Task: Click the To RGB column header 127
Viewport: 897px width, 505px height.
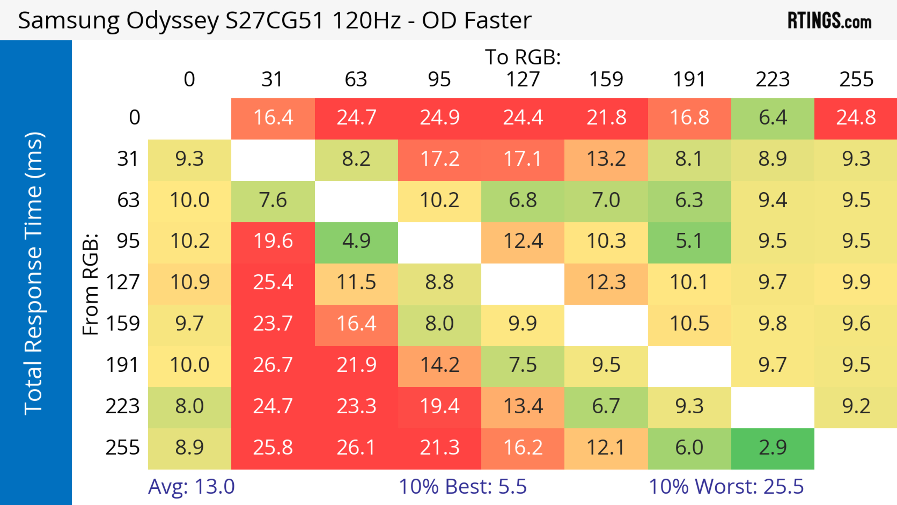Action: point(523,80)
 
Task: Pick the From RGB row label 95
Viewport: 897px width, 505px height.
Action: point(128,241)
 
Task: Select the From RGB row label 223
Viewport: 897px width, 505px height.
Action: point(123,406)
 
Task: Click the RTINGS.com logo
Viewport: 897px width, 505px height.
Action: point(829,21)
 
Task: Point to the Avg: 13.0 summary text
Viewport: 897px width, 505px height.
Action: point(191,487)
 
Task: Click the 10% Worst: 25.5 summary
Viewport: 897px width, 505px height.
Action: point(726,487)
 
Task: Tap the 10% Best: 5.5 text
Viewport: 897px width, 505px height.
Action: point(463,487)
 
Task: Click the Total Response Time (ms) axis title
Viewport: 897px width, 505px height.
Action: point(34,273)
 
